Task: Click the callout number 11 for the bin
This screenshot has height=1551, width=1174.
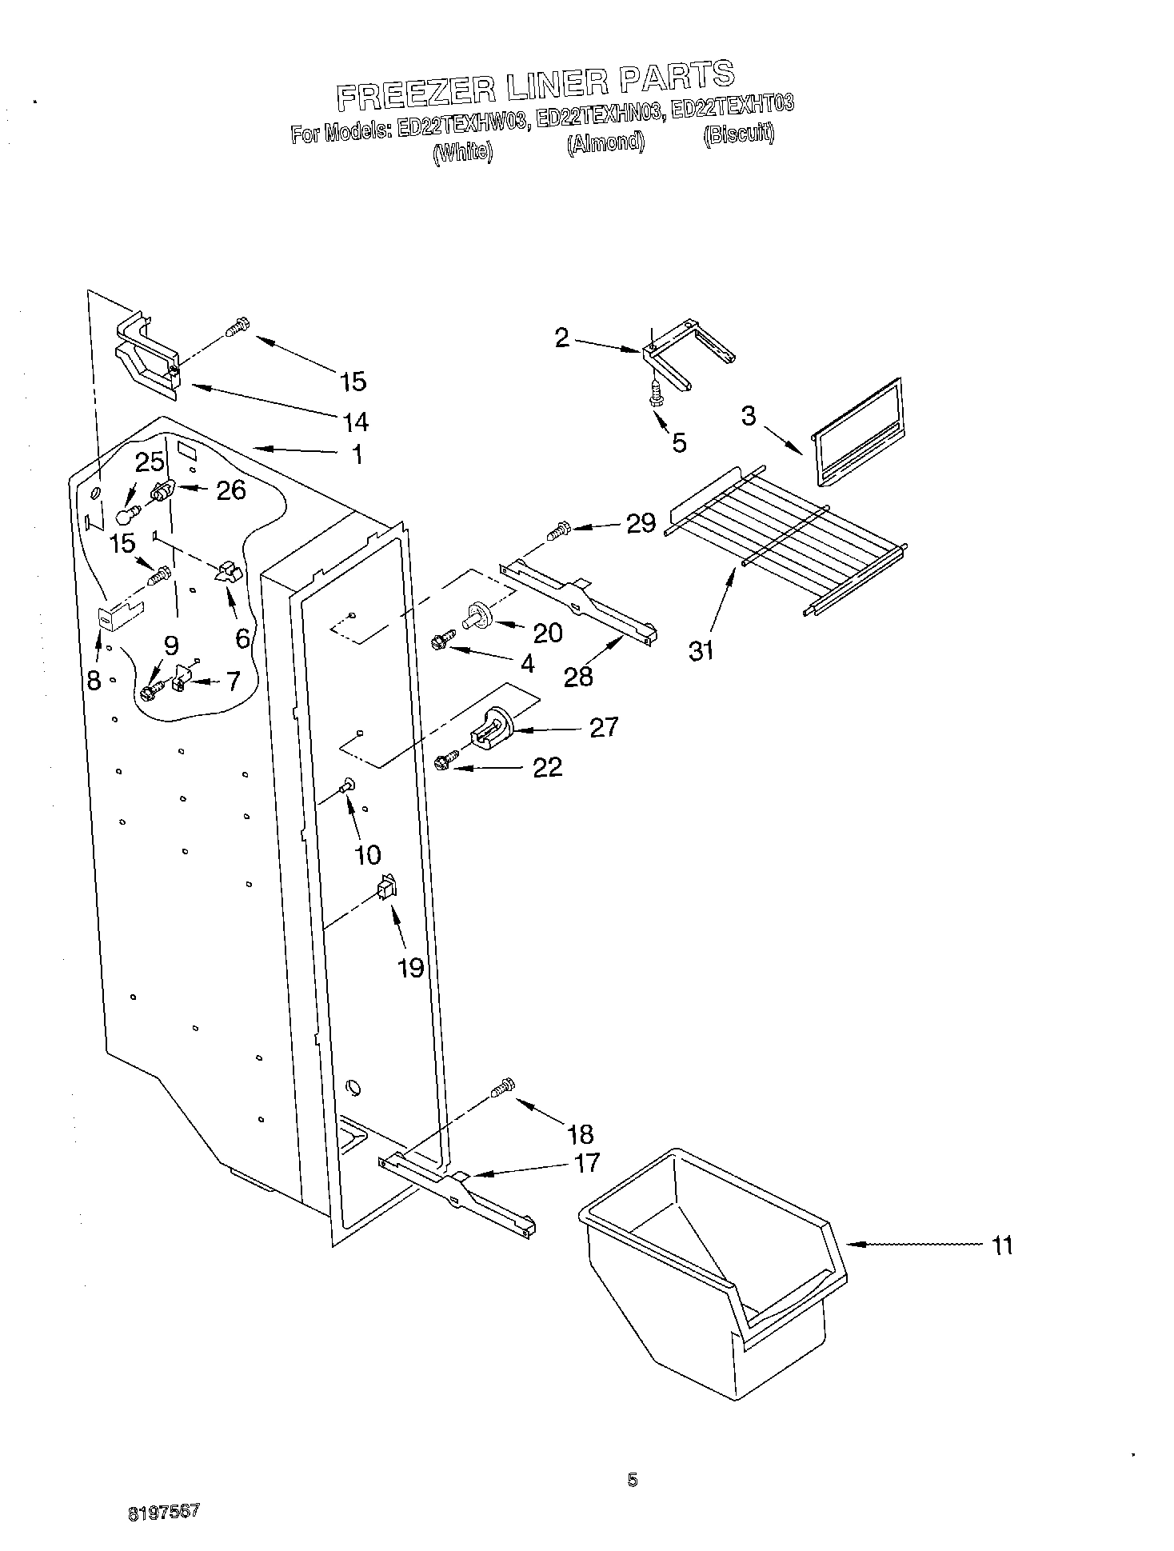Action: pyautogui.click(x=1001, y=1245)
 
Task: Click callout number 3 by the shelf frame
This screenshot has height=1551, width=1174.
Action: pyautogui.click(x=749, y=416)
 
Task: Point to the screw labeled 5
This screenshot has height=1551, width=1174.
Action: pyautogui.click(x=655, y=395)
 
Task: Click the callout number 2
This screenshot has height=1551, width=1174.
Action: pyautogui.click(x=562, y=338)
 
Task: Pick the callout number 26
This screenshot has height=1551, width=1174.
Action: pyautogui.click(x=231, y=490)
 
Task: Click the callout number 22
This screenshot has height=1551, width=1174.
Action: pyautogui.click(x=547, y=768)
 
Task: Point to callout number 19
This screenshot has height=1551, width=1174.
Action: pyautogui.click(x=410, y=968)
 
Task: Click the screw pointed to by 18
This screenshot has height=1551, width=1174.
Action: pyautogui.click(x=502, y=1088)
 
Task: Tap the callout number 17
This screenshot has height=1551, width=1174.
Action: pyautogui.click(x=587, y=1162)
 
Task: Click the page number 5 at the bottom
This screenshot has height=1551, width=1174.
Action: pyautogui.click(x=632, y=1481)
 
